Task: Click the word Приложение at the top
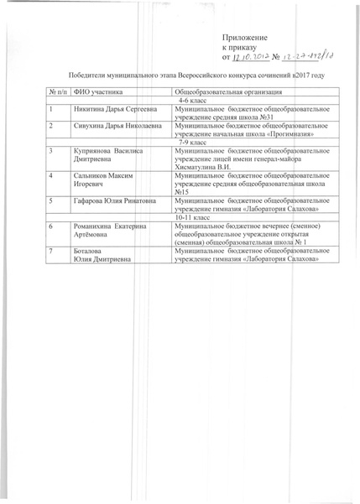[244, 39]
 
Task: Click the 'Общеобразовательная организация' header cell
[227, 91]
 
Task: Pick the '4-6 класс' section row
[194, 100]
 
